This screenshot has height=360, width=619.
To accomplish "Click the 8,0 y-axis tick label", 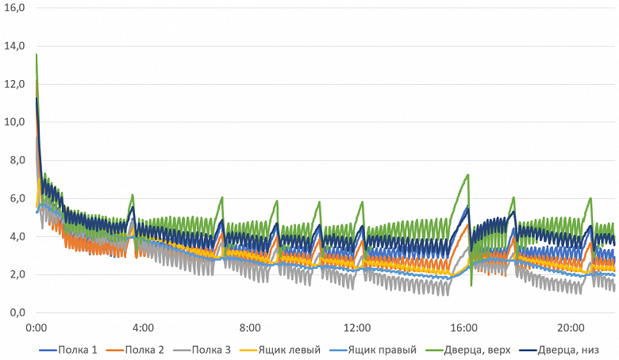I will [x=17, y=160].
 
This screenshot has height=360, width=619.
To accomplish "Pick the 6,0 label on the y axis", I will [x=17, y=198].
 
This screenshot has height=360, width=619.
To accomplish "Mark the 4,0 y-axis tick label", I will [x=17, y=236].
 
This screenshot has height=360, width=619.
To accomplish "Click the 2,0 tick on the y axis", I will [x=17, y=274].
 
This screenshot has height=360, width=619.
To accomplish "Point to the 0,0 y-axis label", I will [x=17, y=312].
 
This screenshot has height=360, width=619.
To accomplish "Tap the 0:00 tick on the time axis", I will [x=36, y=327].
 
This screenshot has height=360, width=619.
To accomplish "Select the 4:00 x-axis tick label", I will [x=143, y=327].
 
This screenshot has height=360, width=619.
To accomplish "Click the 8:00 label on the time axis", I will [x=250, y=327].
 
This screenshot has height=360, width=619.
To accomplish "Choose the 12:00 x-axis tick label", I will [x=357, y=327].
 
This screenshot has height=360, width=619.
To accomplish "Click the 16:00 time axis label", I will [x=464, y=327].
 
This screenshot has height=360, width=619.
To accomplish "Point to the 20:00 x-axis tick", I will [x=571, y=327].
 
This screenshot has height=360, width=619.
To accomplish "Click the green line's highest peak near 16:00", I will [x=469, y=174].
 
